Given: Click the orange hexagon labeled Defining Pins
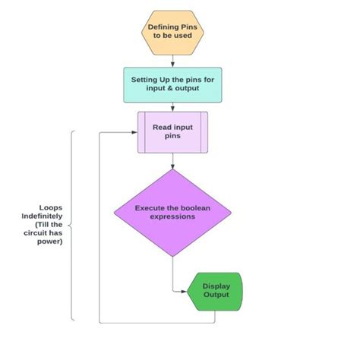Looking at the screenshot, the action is [x=172, y=33].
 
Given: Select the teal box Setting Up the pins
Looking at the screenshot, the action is [x=172, y=85].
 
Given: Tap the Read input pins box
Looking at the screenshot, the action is [x=172, y=132].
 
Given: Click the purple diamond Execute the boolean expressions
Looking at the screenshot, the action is [x=172, y=213].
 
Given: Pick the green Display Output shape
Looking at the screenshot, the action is [x=215, y=292].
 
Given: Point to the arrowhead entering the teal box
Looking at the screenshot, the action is [x=172, y=65].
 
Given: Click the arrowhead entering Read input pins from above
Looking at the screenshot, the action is [x=172, y=109].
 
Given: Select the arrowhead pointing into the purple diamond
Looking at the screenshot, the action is [x=172, y=166].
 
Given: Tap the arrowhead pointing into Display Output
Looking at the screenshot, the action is [x=184, y=292].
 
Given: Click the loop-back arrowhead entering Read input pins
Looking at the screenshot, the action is [x=134, y=132].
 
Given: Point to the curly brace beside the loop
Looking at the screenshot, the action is [x=71, y=226].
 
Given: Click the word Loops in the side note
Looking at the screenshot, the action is [x=51, y=208].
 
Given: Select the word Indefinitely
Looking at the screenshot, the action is [x=42, y=216].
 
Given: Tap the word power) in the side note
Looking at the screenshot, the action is [x=50, y=242].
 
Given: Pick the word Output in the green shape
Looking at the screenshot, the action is [x=216, y=295].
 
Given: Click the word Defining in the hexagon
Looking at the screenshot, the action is [x=163, y=27].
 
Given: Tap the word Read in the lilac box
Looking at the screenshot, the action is [x=160, y=127].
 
